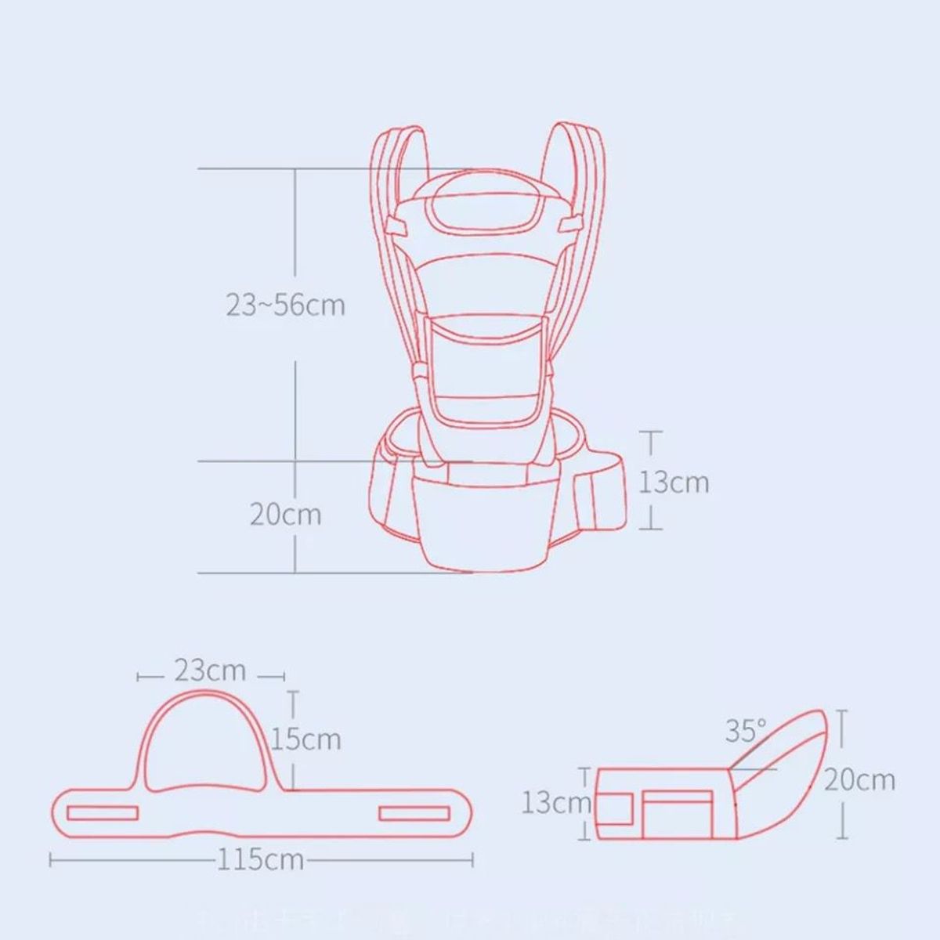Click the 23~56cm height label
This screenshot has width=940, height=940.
(x=285, y=304)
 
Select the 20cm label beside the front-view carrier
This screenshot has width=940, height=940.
(x=285, y=515)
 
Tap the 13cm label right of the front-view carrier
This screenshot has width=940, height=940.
(x=674, y=482)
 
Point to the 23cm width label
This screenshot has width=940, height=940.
(x=210, y=671)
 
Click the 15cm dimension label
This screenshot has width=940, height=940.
(x=307, y=739)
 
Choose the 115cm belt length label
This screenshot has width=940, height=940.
(x=260, y=859)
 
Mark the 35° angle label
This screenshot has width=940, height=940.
(x=745, y=731)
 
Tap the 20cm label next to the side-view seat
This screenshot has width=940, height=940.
(x=859, y=779)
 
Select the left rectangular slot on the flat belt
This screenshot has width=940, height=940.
(x=103, y=813)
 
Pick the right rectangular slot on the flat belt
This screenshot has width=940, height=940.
(x=416, y=813)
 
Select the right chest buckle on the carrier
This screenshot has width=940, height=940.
(x=569, y=225)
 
